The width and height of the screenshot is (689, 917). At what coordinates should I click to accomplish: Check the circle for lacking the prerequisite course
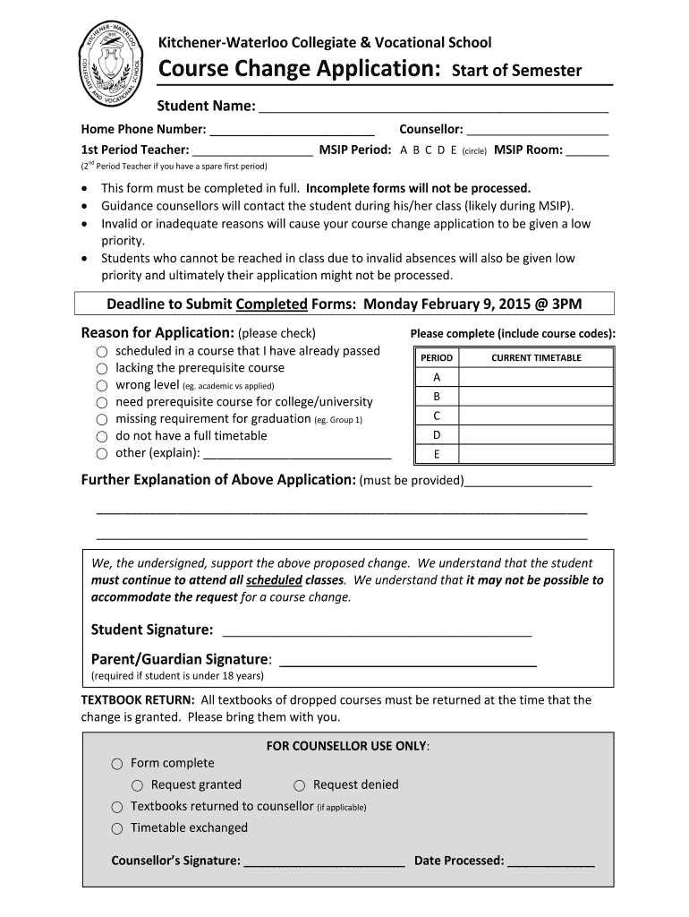coord(103,368)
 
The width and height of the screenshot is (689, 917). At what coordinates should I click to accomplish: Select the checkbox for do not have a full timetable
coord(103,436)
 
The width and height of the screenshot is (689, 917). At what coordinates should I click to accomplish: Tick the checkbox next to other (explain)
coord(103,453)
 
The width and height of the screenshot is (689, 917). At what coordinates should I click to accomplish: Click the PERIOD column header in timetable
coord(437,358)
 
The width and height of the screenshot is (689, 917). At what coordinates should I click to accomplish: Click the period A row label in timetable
coord(437,377)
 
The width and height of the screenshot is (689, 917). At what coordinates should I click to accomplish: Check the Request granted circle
coord(138,785)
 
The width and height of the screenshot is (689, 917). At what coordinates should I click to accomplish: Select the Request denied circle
coord(300,785)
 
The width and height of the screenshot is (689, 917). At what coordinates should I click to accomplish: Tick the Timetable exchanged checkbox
coord(117,828)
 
